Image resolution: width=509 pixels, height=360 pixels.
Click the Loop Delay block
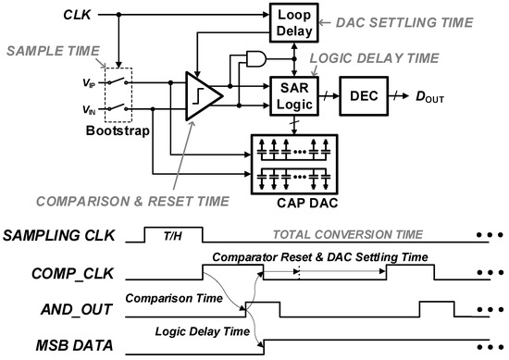(x=292, y=24)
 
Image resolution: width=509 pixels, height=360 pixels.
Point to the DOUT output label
(x=427, y=96)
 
